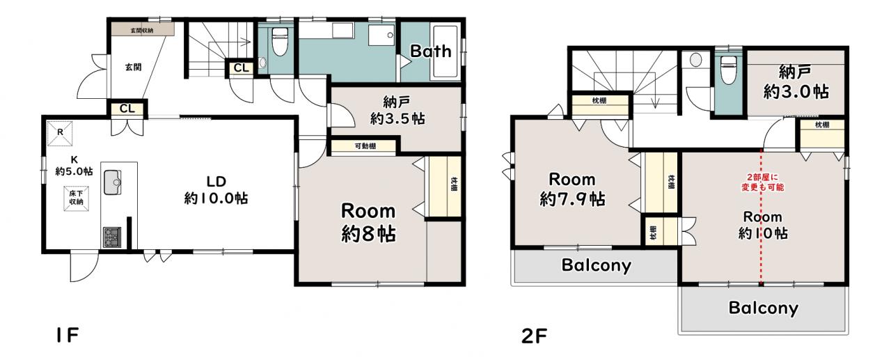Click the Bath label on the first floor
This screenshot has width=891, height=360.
[x=431, y=52]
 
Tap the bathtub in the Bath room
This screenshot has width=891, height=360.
[x=446, y=51]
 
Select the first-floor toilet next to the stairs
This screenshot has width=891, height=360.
[x=280, y=41]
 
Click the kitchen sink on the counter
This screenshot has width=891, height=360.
[x=113, y=182]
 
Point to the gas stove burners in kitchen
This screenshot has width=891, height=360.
[x=112, y=237]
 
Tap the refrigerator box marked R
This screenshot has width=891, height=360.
[x=60, y=132]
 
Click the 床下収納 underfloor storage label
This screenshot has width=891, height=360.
[x=76, y=198]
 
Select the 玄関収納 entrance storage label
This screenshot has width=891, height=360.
[x=142, y=30]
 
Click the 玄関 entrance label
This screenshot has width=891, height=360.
[x=133, y=68]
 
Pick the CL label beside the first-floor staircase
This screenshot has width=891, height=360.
[x=241, y=68]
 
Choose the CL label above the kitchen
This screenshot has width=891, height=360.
[x=127, y=109]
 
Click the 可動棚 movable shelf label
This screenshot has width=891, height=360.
[x=365, y=146]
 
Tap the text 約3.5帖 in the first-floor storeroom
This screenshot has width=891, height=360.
[x=397, y=118]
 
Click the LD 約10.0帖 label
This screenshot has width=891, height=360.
[x=216, y=190]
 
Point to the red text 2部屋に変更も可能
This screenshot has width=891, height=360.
[x=762, y=182]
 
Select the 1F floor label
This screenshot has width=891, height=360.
[x=68, y=336]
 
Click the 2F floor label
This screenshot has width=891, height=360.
[x=534, y=336]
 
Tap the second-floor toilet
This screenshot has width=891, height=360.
[x=728, y=70]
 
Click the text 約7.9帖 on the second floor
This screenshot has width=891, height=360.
[x=572, y=199]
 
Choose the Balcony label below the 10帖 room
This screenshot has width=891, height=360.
[x=764, y=308]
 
